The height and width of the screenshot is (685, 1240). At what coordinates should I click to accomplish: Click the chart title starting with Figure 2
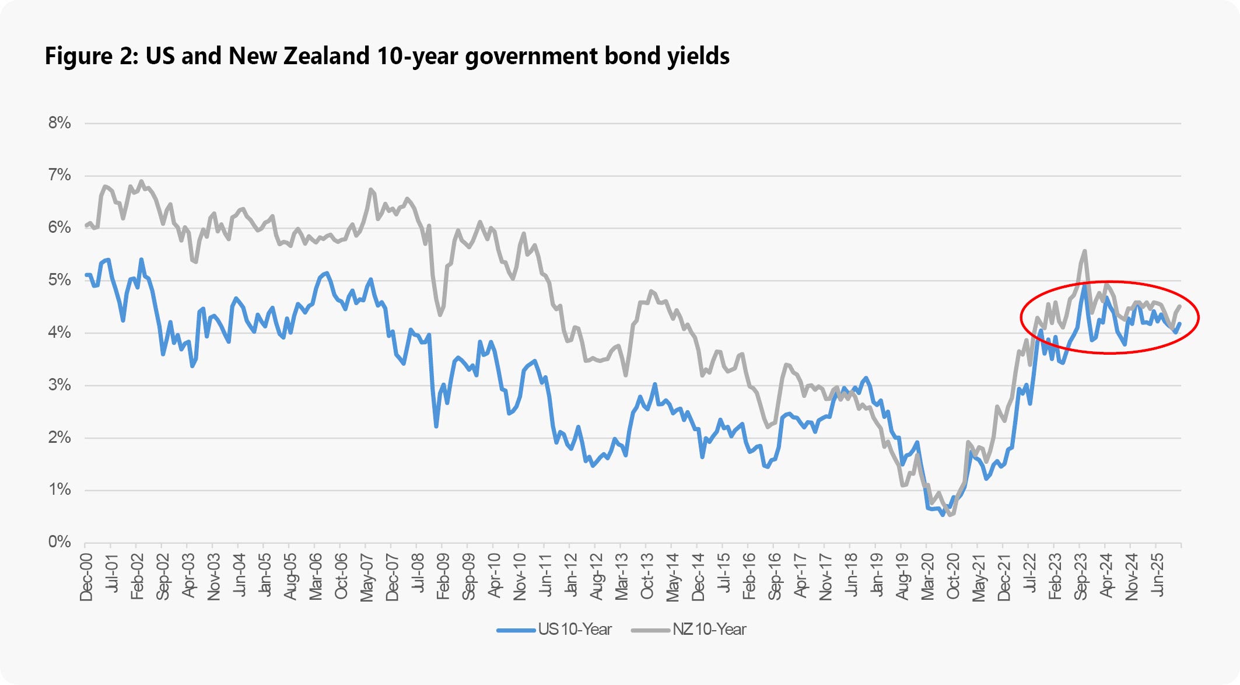(387, 57)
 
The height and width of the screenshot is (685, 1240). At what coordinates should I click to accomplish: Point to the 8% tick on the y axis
(59, 123)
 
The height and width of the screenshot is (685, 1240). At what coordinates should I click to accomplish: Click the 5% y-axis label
(59, 280)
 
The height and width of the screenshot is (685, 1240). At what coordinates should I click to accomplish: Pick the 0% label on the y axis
(59, 542)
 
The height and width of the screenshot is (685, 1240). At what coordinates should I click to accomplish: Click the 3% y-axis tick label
(59, 385)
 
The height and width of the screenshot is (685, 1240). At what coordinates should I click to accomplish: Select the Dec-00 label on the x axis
(86, 576)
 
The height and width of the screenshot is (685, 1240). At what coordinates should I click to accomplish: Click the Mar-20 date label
(927, 576)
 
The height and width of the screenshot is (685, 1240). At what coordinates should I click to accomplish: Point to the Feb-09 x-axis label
(443, 576)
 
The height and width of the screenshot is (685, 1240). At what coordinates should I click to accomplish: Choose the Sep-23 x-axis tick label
(1081, 576)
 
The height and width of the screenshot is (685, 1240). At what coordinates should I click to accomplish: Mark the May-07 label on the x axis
(367, 576)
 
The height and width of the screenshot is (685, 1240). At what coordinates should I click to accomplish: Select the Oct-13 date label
(647, 576)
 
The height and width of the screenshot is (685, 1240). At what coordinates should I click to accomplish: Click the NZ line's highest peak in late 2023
(1084, 251)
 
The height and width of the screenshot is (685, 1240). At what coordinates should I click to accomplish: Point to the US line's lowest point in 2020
(943, 515)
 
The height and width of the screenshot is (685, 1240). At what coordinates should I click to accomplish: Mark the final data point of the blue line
(1179, 324)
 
